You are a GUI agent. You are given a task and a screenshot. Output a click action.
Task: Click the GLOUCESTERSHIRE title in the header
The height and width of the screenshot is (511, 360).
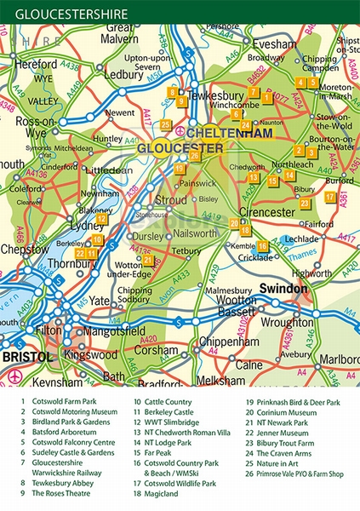[72, 14]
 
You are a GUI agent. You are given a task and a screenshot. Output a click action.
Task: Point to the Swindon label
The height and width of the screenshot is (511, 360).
[283, 289]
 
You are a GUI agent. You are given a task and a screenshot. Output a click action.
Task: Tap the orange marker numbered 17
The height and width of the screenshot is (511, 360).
[329, 197]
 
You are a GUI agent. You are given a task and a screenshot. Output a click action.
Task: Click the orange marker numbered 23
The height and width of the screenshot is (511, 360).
[304, 204]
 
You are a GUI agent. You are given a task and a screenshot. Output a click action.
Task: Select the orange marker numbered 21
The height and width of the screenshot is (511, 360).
[147, 261]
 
